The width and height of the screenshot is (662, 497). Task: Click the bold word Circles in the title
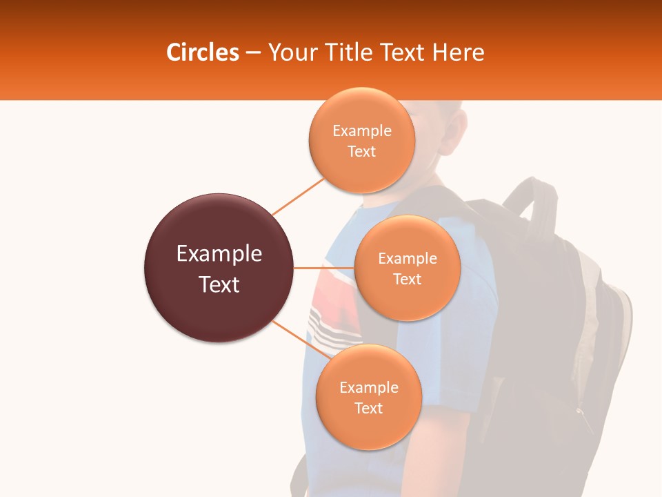coord(202,52)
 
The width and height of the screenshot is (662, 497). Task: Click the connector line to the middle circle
coord(324,268)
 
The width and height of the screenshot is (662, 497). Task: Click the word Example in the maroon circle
coord(219,253)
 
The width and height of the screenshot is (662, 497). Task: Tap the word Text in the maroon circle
coord(219,284)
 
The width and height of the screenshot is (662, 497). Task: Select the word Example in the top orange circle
coord(362,130)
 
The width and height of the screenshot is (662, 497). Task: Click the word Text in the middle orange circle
coord(407,280)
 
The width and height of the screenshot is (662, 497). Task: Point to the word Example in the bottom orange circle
coord(368,387)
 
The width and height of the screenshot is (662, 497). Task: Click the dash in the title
coord(253,52)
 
